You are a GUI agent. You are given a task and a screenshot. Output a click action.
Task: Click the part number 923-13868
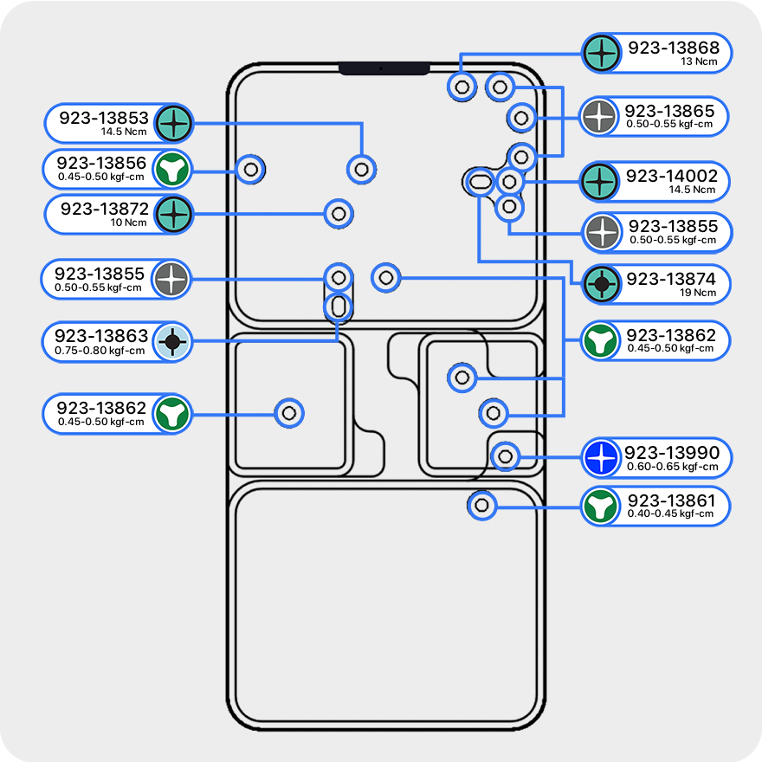[x=673, y=46]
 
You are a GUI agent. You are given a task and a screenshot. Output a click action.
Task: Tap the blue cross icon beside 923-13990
[x=601, y=458]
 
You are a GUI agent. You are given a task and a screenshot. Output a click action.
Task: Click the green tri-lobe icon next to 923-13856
[x=172, y=169]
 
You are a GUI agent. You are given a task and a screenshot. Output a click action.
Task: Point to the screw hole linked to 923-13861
[x=482, y=504]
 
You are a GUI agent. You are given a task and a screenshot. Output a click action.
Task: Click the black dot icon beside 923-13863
[x=172, y=343]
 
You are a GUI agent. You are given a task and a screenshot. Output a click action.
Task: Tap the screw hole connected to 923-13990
[x=507, y=455]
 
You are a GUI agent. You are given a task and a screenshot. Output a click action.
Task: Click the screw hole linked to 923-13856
[x=251, y=169]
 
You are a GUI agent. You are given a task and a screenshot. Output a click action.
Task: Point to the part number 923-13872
[x=104, y=209]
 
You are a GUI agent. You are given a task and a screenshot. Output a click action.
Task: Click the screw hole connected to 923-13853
[x=362, y=169]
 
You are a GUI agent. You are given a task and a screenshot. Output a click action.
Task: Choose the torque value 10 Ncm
[x=130, y=222]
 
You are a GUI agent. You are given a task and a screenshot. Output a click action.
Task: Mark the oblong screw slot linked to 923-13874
[x=479, y=181]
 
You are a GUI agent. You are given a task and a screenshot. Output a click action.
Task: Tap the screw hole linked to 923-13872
[x=339, y=213]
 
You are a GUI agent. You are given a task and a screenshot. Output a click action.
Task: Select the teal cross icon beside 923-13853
[x=174, y=124]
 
